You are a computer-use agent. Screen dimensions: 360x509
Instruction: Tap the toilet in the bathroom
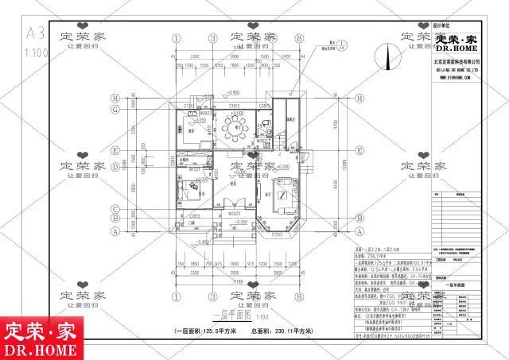270,131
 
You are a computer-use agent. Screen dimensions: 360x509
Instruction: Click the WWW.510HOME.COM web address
454,78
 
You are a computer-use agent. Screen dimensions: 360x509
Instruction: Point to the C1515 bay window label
278,235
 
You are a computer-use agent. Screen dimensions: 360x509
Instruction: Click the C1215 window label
190,105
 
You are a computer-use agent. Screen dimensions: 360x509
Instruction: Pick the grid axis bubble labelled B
116,214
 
